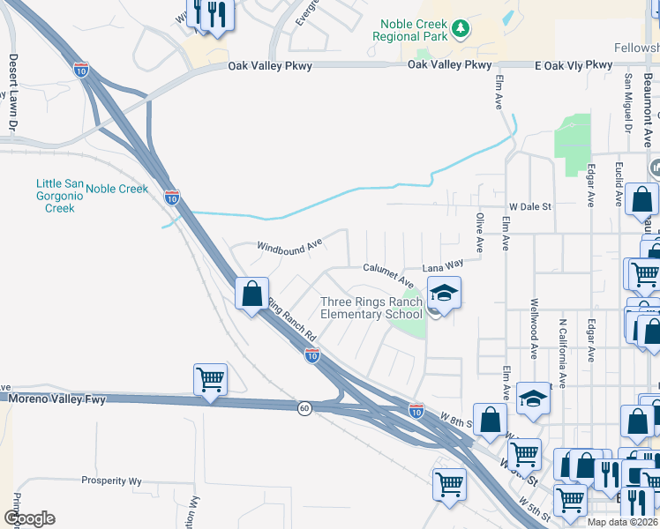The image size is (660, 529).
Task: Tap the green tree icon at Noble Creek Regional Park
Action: coord(460,30)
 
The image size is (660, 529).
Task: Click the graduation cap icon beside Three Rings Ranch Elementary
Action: coord(444,294)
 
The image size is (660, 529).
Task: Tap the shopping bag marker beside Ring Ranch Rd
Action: coord(252,293)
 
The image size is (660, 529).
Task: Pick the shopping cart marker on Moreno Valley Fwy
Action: coord(210,380)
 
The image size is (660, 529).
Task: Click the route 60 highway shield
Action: coord(304,408)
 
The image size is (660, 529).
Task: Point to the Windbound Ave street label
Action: coord(289,248)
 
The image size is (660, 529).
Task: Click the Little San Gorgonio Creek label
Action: coord(60,196)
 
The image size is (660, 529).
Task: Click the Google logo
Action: coord(28,518)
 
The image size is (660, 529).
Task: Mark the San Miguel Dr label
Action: coord(629,102)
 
